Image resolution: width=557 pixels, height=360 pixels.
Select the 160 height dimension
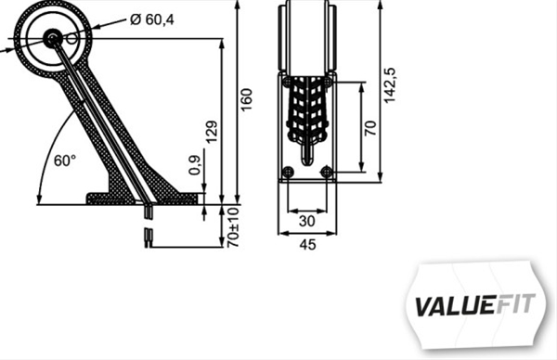[x=246, y=97]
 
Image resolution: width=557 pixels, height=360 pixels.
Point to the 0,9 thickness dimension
[x=194, y=165]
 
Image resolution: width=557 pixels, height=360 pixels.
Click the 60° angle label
[x=64, y=161]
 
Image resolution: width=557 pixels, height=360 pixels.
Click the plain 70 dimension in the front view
[x=370, y=127]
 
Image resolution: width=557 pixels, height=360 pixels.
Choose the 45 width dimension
[x=308, y=245]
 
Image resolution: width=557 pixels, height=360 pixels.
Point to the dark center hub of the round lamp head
[x=52, y=38]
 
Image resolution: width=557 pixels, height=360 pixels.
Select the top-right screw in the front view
[x=326, y=83]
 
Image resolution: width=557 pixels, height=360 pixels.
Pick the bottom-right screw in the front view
[x=326, y=172]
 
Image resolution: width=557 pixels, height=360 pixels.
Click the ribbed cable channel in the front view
[x=307, y=111]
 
